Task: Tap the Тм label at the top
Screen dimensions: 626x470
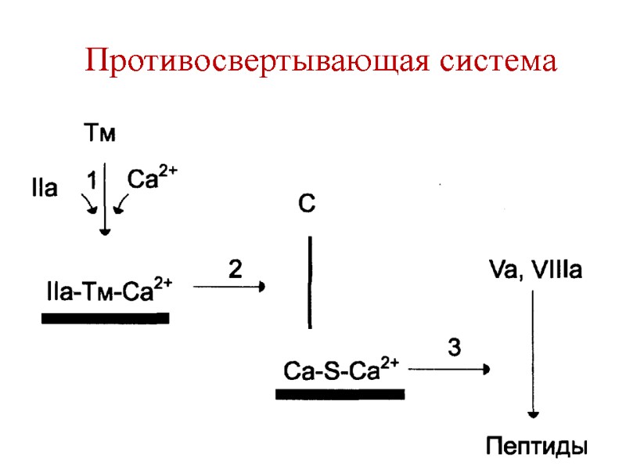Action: (x=99, y=135)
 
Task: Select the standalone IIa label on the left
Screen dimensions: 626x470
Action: (x=44, y=189)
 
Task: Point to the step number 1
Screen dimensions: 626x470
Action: (x=92, y=181)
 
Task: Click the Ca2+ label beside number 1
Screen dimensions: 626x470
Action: (x=152, y=179)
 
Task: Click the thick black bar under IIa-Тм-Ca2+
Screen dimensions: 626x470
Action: (x=105, y=318)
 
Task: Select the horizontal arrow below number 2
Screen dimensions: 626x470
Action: (x=228, y=287)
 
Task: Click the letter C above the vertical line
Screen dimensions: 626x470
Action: (x=307, y=205)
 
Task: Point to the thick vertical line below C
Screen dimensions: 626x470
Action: (x=311, y=283)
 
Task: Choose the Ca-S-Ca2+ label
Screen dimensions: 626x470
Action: (x=341, y=369)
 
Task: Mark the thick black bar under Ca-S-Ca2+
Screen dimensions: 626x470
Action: (x=340, y=394)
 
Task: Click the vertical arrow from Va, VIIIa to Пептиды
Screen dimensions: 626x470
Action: (x=533, y=352)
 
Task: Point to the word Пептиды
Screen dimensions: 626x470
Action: (x=536, y=447)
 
